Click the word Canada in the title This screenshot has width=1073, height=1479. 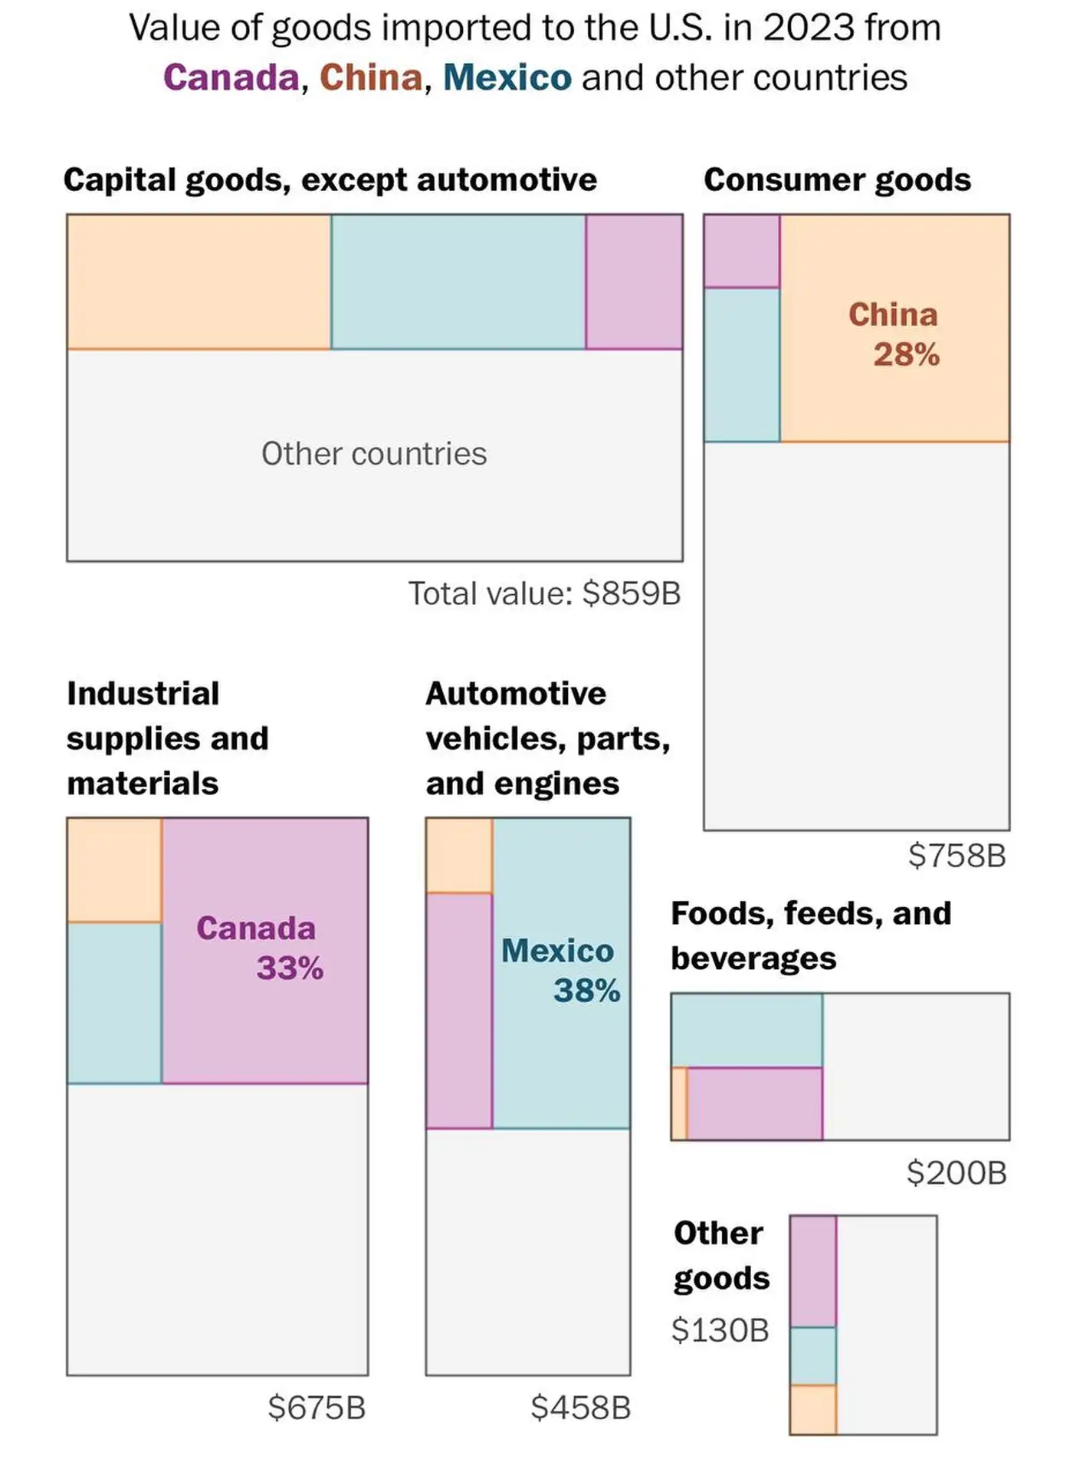[231, 77]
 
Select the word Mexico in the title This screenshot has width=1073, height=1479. [507, 77]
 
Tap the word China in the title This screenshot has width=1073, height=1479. [371, 77]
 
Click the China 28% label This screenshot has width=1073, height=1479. [894, 335]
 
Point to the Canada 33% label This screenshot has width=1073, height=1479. [259, 948]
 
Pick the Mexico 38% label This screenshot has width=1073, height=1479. [560, 971]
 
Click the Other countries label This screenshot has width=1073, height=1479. [374, 454]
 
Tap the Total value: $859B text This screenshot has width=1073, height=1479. [544, 593]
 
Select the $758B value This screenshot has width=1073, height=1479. [957, 856]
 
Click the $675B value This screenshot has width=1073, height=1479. [317, 1408]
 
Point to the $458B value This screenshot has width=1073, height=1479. [580, 1408]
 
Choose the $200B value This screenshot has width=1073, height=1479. [957, 1173]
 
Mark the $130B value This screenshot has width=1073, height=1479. [720, 1330]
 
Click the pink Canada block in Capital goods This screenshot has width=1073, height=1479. [634, 281]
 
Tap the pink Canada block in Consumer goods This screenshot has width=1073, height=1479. [742, 251]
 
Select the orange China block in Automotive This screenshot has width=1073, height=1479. [459, 856]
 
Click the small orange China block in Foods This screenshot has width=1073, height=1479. [679, 1104]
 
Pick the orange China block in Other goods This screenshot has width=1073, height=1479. [813, 1409]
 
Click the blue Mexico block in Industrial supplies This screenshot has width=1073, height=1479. [114, 1003]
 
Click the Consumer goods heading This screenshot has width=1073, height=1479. [837, 180]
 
